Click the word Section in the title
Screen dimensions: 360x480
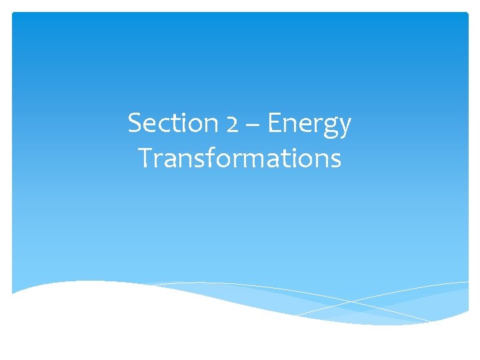166,123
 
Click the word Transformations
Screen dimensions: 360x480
240,159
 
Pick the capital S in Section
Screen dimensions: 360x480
135,123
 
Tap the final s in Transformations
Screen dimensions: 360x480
335,161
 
